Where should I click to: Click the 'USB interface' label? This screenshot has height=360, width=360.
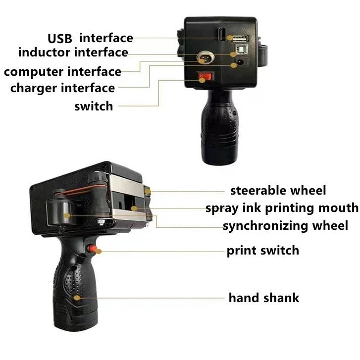[90, 38]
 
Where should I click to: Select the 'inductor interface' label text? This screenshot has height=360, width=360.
[73, 52]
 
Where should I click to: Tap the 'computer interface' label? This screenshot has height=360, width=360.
[62, 71]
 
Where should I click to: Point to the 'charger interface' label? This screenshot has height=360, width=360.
[62, 88]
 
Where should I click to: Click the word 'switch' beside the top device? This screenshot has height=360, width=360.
[94, 105]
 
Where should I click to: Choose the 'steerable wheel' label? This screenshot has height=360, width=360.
[278, 190]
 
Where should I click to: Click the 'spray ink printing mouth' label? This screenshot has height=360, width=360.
[282, 207]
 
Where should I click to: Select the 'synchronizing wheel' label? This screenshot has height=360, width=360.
[285, 226]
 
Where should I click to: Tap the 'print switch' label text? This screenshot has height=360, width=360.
[262, 250]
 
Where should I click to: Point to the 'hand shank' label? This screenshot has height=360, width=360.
[263, 298]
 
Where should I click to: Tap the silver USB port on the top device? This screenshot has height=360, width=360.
[237, 38]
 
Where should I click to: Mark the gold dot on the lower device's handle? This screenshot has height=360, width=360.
[77, 298]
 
